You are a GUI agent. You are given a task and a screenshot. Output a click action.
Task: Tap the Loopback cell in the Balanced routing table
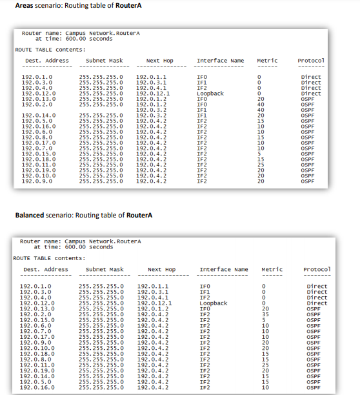(x=214, y=303)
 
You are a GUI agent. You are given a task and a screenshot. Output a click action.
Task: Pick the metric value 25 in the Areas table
(x=261, y=165)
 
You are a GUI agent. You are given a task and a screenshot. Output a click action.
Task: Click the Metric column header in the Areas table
(x=267, y=61)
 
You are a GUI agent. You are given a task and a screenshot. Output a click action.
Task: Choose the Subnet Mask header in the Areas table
(x=104, y=61)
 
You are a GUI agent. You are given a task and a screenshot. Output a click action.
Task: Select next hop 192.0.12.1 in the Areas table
(x=153, y=93)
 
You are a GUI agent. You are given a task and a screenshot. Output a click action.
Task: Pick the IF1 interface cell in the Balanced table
(x=205, y=292)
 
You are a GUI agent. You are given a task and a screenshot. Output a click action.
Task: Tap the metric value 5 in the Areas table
(x=260, y=152)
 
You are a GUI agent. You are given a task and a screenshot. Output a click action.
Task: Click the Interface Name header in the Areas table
(x=220, y=61)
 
